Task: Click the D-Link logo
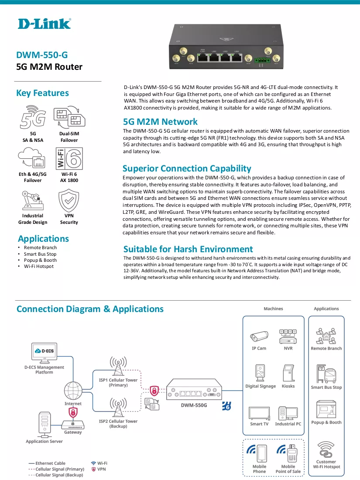pyautogui.click(x=45, y=24)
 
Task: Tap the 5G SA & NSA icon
pyautogui.click(x=33, y=117)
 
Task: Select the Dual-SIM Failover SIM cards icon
pyautogui.click(x=69, y=117)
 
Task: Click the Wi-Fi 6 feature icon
pyautogui.click(x=69, y=158)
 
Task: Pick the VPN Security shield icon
pyautogui.click(x=69, y=200)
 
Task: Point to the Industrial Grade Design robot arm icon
pyautogui.click(x=32, y=201)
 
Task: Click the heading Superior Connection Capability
pyautogui.click(x=187, y=168)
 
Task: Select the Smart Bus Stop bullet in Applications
pyautogui.click(x=40, y=254)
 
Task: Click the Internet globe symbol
pyautogui.click(x=73, y=390)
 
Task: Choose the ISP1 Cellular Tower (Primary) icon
pyautogui.click(x=118, y=366)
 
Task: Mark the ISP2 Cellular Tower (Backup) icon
pyautogui.click(x=118, y=407)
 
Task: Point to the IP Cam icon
pyautogui.click(x=259, y=336)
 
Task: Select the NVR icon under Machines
pyautogui.click(x=288, y=336)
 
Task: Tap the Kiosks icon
pyautogui.click(x=288, y=373)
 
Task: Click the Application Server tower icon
pyautogui.click(x=45, y=425)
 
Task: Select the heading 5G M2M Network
pyautogui.click(x=160, y=122)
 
